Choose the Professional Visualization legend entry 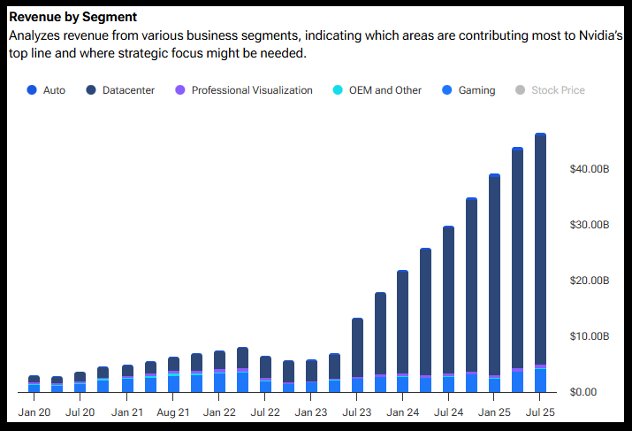coord(251,90)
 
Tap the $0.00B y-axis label coord(590,392)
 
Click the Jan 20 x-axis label coord(34,412)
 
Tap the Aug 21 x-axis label coord(173,412)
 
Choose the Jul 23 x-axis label coord(357,412)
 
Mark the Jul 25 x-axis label coord(541,412)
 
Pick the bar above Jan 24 coord(403,323)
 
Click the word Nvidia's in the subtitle coord(598,36)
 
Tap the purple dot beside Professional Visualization coord(180,90)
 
